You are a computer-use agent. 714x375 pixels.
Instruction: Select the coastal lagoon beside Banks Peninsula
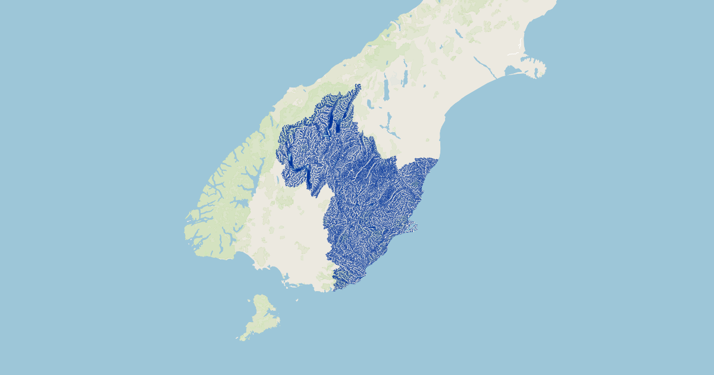click(x=512, y=71)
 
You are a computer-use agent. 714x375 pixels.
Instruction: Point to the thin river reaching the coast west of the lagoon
click(x=485, y=68)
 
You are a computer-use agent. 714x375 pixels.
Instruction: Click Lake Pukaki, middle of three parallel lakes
click(x=387, y=89)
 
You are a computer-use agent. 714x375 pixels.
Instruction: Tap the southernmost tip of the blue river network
click(x=334, y=290)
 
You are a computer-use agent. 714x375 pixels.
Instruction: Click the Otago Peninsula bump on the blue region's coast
click(x=412, y=227)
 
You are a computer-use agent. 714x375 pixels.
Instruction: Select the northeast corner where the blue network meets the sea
click(x=437, y=160)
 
